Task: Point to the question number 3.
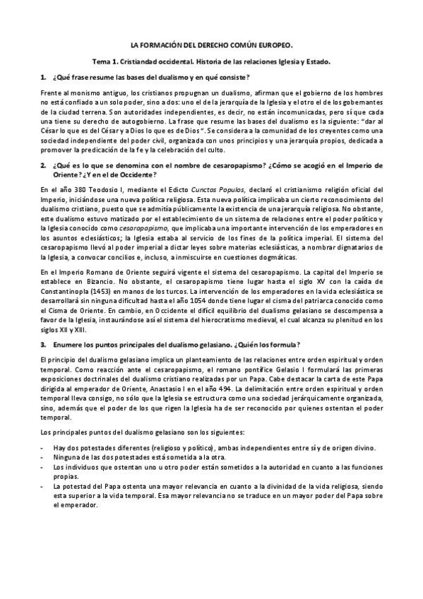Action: [x=43, y=344]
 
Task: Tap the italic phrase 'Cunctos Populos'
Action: [x=193, y=190]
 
